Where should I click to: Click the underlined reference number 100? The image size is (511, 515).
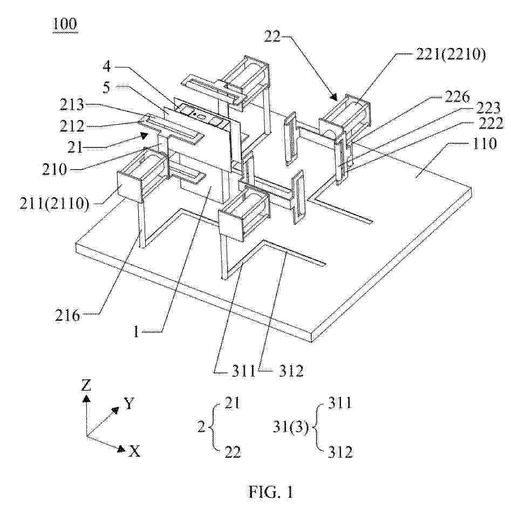point(65,24)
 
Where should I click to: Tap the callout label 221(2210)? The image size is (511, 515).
point(451,55)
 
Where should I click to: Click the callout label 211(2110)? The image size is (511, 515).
point(54,204)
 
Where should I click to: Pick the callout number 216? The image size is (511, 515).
point(67,315)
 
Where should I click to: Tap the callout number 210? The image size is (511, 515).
point(54,169)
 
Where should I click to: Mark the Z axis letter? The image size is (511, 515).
point(86,385)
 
